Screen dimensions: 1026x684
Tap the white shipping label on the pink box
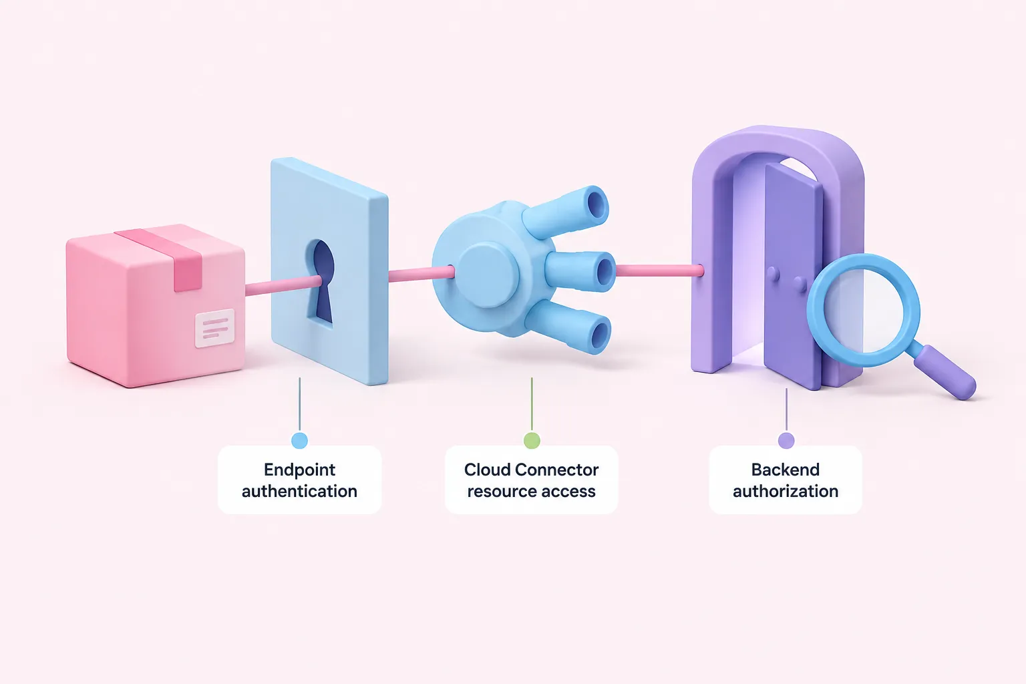coord(215,327)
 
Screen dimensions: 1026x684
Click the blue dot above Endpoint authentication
coord(299,440)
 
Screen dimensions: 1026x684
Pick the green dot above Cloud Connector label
coord(532,440)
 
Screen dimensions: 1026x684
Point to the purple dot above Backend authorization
coord(786,440)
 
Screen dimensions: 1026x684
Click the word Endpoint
coord(299,470)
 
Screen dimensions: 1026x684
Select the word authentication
coord(299,491)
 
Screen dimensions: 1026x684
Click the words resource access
coord(531,491)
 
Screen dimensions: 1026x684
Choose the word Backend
coord(786,470)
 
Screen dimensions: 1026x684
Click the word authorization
coord(786,491)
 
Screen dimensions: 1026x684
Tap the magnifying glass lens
coord(864,310)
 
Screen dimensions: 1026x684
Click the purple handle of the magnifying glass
coord(945,372)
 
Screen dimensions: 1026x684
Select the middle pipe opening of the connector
coord(605,272)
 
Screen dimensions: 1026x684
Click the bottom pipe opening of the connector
coord(600,337)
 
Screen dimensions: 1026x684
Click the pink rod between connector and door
coord(659,271)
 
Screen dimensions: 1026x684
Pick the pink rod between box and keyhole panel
coord(283,286)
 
